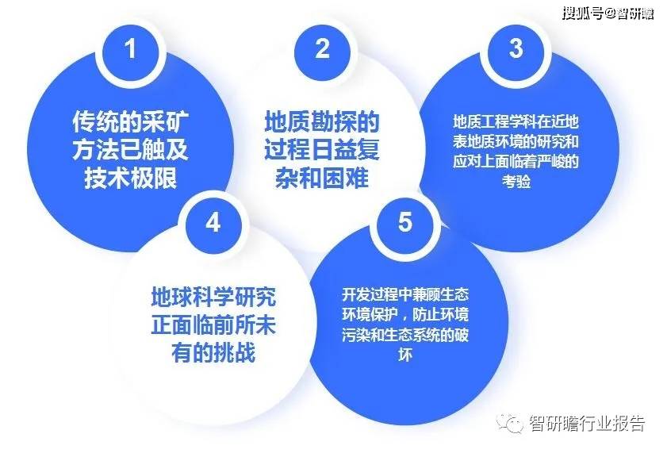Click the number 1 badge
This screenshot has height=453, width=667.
click(130, 50)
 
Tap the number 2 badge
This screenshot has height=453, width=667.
click(322, 50)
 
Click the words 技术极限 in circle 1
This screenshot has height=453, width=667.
click(130, 179)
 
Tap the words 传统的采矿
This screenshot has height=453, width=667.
click(130, 122)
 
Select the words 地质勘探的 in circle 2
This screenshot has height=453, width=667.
click(322, 122)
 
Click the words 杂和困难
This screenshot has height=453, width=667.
click(322, 179)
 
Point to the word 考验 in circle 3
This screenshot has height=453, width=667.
click(516, 182)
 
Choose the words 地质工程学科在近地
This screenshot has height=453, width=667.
click(516, 121)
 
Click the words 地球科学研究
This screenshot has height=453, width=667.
click(213, 298)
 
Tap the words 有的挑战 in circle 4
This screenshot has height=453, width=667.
click(213, 353)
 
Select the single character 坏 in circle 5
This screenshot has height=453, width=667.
click(405, 355)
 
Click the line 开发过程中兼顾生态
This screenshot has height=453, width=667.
click(405, 294)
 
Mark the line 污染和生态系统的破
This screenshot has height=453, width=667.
click(405, 335)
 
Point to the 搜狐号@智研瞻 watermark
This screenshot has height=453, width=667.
click(608, 13)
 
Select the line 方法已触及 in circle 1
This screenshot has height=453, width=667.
click(130, 150)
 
